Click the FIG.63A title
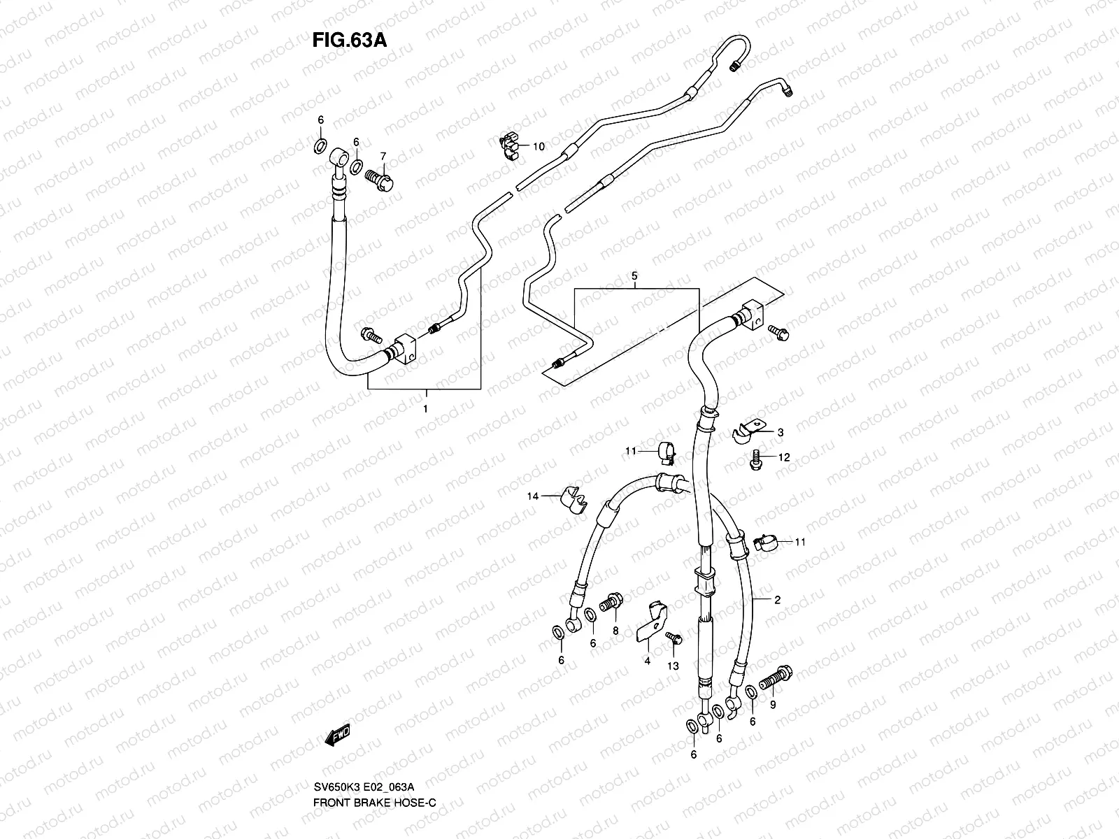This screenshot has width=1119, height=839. [349, 40]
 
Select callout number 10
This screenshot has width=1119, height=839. [538, 146]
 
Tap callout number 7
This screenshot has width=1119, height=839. [383, 155]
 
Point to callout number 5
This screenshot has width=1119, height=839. [634, 275]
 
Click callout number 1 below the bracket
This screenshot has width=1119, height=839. [425, 408]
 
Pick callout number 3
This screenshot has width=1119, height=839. [780, 432]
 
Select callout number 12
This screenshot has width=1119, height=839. [784, 457]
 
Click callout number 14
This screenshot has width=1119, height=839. [534, 496]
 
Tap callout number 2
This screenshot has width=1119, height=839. [777, 599]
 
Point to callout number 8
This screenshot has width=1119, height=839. [615, 630]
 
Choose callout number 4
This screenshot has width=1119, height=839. [648, 660]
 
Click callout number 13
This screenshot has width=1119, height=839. [673, 666]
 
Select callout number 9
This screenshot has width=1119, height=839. [773, 705]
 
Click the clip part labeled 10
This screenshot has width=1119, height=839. [509, 143]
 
